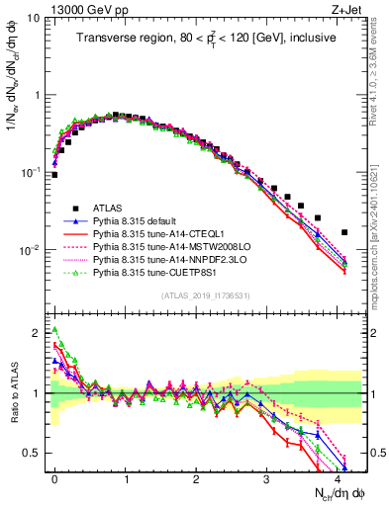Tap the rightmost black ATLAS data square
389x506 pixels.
coord(344,232)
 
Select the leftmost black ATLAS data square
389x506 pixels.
coord(54,175)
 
